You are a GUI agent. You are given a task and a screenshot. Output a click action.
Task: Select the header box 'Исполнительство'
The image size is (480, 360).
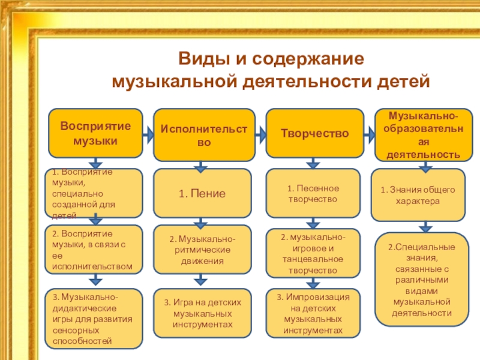click(x=204, y=135)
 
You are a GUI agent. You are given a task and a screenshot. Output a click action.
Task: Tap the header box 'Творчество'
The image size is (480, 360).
click(x=314, y=134)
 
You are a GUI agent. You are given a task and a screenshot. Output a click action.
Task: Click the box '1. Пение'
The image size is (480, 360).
click(x=202, y=193)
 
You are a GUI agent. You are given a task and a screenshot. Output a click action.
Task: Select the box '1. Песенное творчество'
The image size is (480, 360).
click(x=313, y=193)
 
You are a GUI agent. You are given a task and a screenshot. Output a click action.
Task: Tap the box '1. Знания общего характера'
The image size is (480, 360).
click(x=418, y=196)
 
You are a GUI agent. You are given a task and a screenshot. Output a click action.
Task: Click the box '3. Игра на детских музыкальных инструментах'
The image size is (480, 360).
click(x=202, y=313)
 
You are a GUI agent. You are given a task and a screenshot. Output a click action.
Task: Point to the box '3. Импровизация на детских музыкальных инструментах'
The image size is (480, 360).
click(x=313, y=314)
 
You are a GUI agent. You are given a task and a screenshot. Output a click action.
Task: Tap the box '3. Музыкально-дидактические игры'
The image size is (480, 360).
click(x=95, y=319)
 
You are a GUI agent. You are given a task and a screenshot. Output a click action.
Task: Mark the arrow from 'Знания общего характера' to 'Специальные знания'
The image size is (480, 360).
click(x=425, y=227)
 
